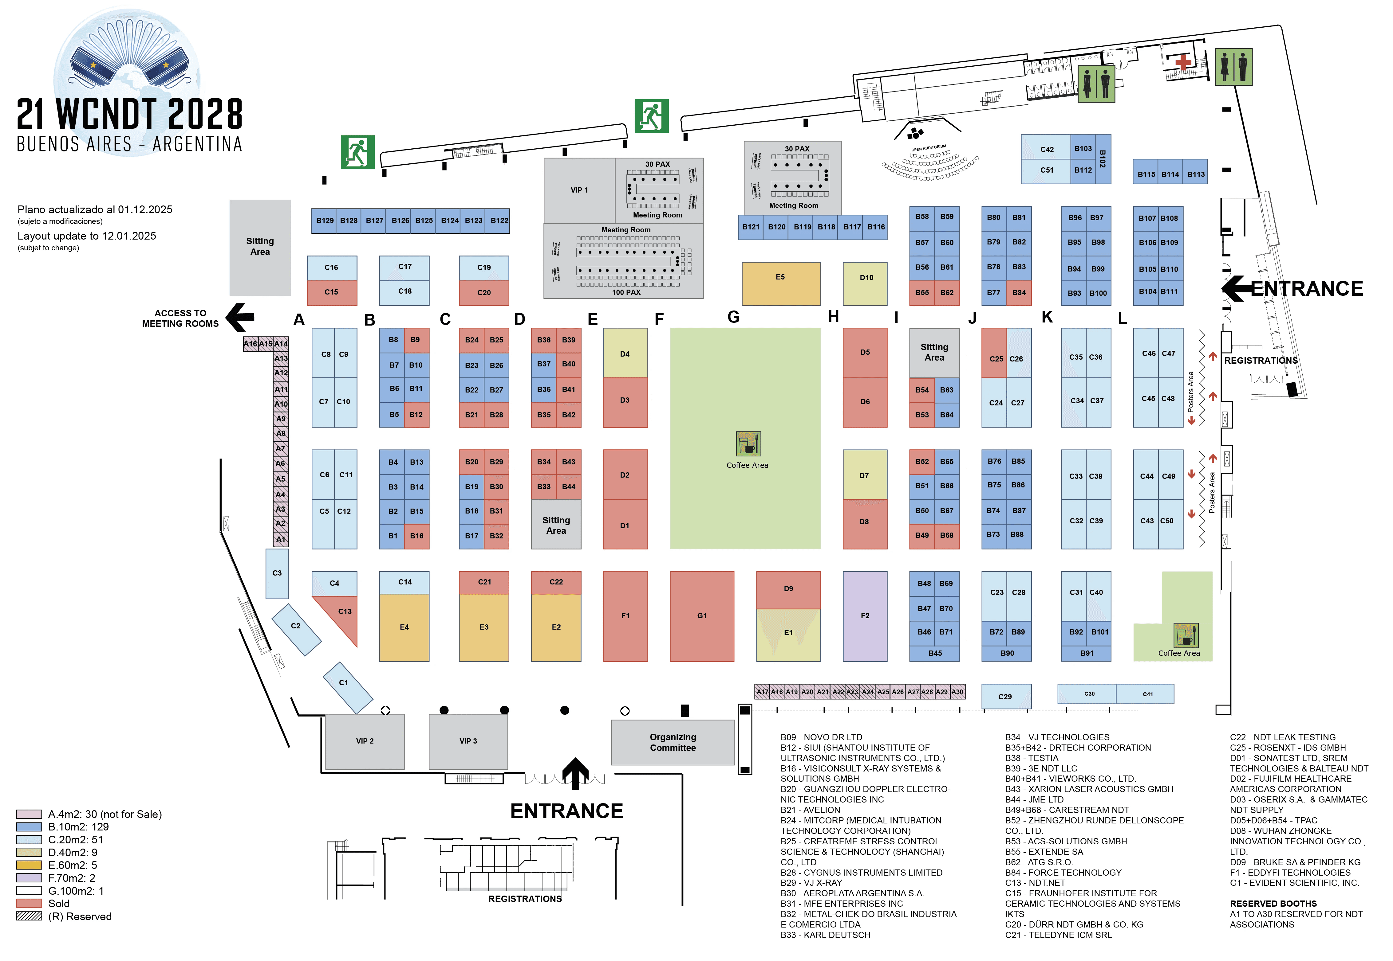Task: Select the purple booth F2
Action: (x=865, y=615)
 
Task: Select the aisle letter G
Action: (x=733, y=317)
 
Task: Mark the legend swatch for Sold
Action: (x=29, y=903)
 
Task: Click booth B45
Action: (x=934, y=653)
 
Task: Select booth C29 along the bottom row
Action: (x=1006, y=696)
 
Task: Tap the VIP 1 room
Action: (x=579, y=190)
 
